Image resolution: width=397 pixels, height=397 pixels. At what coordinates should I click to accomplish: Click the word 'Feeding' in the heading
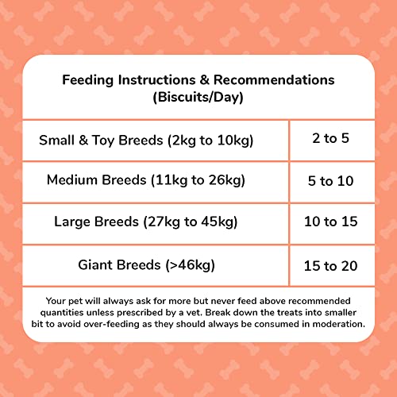[89, 80]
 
